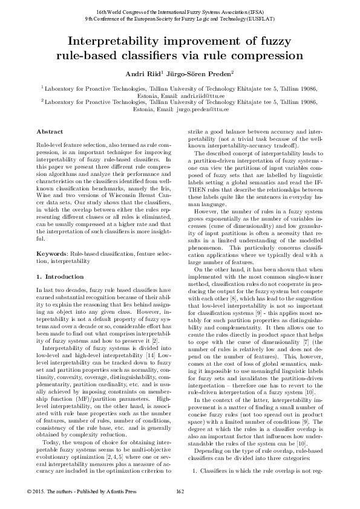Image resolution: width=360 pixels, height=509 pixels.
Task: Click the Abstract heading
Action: coord(50,131)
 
